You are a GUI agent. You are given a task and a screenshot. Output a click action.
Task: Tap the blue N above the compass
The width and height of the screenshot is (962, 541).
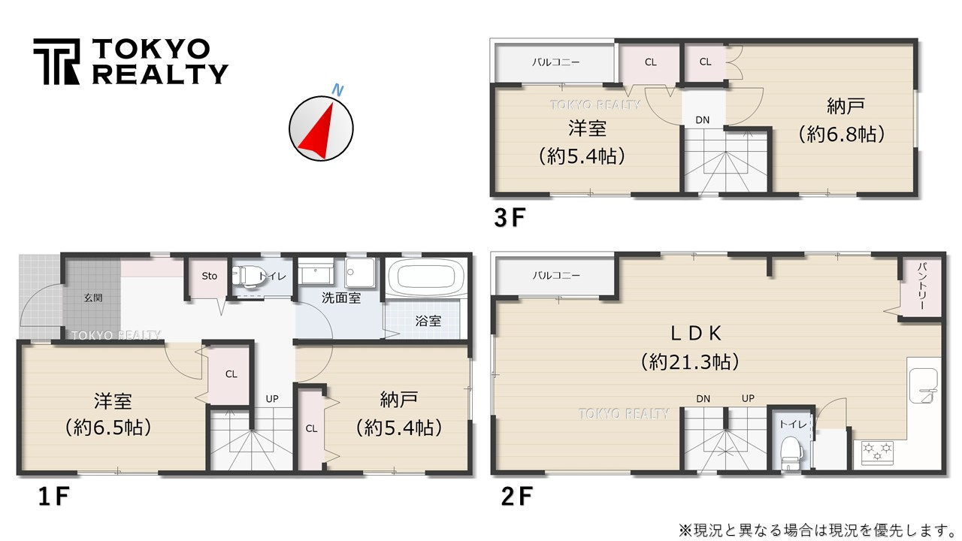tap(338, 90)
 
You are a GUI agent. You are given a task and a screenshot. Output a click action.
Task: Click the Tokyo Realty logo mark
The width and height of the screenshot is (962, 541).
tap(56, 62)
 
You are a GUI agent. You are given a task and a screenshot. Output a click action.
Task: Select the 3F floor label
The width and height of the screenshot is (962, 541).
tap(508, 218)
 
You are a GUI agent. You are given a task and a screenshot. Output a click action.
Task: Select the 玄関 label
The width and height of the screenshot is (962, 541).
tap(92, 298)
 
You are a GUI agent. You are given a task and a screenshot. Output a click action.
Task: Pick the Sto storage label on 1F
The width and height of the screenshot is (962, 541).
tap(210, 276)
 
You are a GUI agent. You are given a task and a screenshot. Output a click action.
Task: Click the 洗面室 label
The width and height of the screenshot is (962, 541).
tap(341, 298)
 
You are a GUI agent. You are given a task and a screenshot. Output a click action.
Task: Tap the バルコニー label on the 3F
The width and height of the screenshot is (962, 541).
tap(555, 62)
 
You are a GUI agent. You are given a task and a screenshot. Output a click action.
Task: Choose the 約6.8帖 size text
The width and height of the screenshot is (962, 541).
tap(839, 134)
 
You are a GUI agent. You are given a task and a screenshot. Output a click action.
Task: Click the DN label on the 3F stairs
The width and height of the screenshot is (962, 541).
tap(702, 120)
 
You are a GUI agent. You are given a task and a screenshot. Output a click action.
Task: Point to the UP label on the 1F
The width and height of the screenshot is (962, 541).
tap(272, 397)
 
